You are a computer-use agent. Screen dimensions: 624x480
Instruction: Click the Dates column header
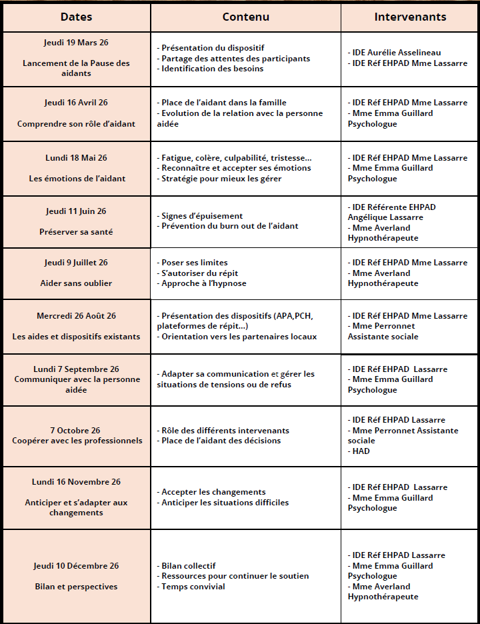pos(76,17)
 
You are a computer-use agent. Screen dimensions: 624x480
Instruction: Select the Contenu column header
pos(245,17)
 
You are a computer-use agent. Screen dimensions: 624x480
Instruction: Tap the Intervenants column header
pos(410,17)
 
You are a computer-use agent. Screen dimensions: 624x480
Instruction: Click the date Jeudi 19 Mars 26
pos(76,43)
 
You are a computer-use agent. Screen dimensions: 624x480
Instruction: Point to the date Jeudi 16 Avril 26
pos(76,103)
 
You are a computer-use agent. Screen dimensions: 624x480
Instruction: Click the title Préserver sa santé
pos(76,232)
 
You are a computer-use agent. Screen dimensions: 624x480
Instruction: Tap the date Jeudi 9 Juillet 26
pos(76,263)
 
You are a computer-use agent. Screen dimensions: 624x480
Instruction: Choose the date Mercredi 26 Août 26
pos(76,316)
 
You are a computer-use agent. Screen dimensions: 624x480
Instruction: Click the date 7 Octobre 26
pos(77,431)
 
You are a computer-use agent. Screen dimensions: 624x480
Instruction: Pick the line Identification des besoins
pos(212,69)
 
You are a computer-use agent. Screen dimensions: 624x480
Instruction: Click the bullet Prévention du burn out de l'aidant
pos(229,226)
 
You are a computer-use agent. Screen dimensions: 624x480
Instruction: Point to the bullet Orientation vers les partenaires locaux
pos(239,337)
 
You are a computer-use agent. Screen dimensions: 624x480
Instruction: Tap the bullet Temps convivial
pos(193,587)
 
